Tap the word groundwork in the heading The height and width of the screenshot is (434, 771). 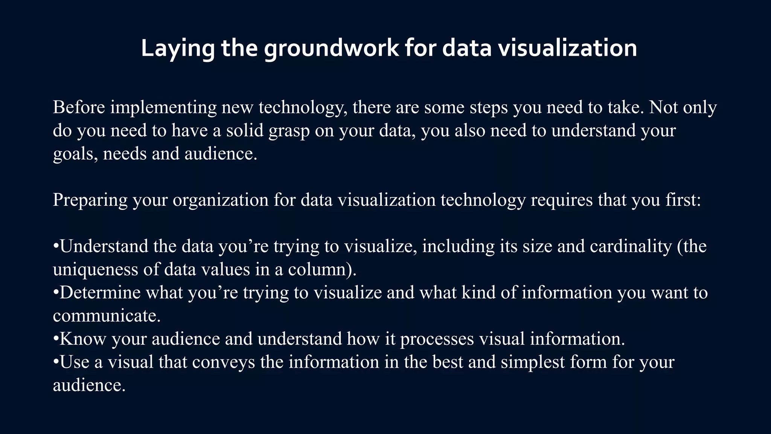coord(331,49)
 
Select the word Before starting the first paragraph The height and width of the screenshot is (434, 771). coord(79,107)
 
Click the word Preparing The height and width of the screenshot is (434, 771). coord(90,200)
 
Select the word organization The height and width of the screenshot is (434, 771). coord(221,200)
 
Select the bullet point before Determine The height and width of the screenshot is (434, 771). coord(56,293)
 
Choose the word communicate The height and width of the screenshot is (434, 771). coord(107,316)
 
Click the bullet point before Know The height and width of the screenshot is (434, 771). coord(56,339)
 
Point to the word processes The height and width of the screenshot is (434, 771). coord(437,339)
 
